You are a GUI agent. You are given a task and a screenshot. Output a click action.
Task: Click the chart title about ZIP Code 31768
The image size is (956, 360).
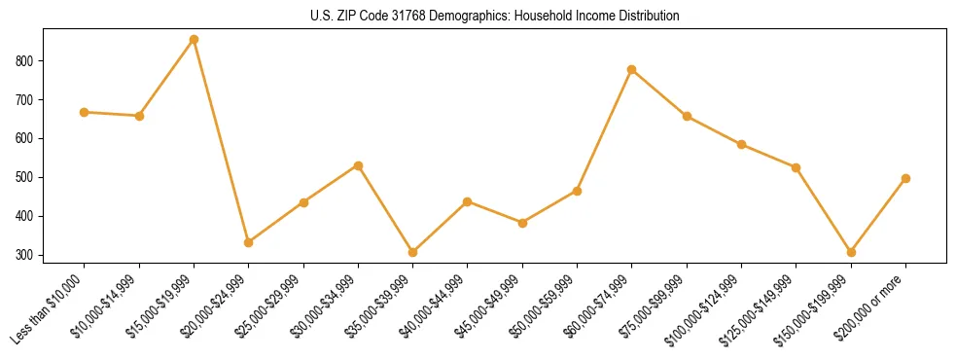point(478,17)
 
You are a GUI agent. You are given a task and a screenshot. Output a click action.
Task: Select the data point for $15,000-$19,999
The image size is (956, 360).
point(194,40)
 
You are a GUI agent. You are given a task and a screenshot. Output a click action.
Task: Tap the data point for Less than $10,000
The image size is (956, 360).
point(85,113)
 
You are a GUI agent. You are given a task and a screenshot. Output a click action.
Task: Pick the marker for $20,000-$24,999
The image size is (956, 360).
point(249,242)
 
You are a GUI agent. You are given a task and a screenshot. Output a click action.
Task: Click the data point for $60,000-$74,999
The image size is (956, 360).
point(632,70)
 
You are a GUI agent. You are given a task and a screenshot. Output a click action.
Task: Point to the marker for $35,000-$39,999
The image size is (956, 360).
point(412,252)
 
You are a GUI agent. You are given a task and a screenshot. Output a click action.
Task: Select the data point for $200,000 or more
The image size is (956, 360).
point(905,179)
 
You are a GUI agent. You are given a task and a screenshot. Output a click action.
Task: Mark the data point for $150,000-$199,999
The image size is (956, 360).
point(851,252)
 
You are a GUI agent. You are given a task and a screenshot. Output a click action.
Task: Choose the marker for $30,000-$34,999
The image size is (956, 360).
point(358,165)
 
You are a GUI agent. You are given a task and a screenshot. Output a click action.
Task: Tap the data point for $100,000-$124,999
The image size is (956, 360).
point(741,145)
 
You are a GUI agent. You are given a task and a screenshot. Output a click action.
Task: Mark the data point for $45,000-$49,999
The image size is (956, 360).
point(522,223)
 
